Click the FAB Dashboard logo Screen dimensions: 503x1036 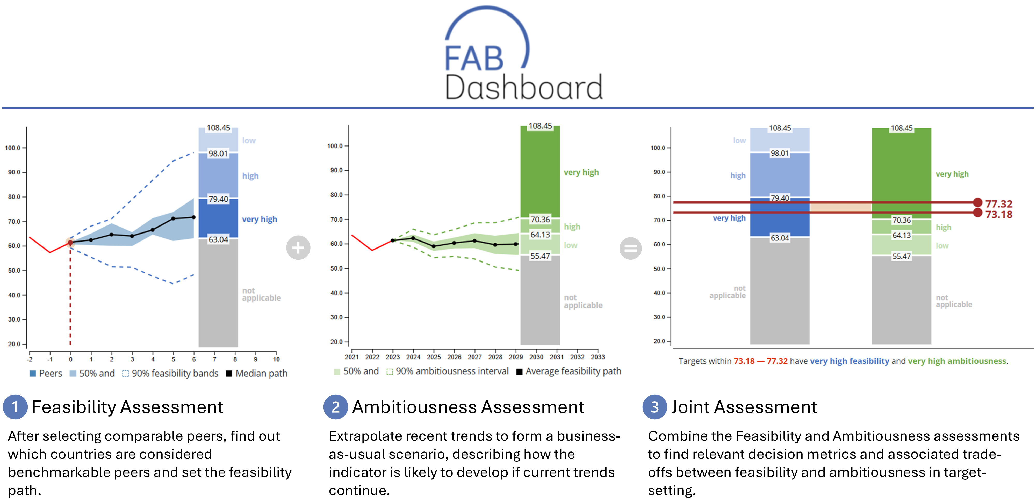tap(523, 54)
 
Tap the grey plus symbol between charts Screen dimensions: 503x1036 tap(298, 248)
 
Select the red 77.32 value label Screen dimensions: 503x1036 tap(999, 204)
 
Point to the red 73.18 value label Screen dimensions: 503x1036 tap(999, 214)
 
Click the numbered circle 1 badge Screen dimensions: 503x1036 tap(15, 407)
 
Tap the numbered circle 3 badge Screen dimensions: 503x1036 tap(654, 407)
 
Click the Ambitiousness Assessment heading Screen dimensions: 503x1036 tap(468, 407)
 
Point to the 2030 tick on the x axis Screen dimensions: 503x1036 tap(536, 357)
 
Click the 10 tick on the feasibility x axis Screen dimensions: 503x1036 tap(276, 359)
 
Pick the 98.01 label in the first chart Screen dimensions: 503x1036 tap(218, 154)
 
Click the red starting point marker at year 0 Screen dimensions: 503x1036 tap(70, 243)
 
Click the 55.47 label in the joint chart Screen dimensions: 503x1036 tap(901, 256)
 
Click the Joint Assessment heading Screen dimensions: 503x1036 tap(744, 407)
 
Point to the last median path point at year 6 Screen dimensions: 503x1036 tap(194, 217)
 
